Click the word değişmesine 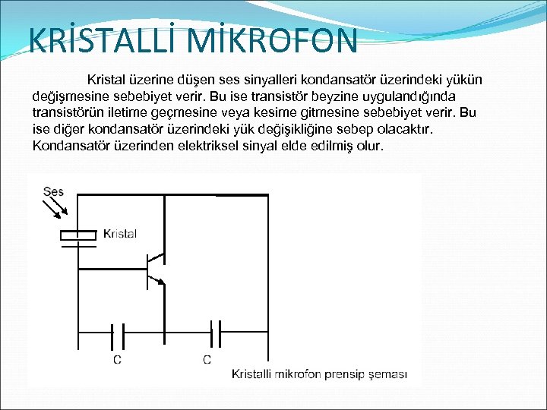[x=74, y=96]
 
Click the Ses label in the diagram [x=54, y=192]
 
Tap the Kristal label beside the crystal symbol [x=119, y=234]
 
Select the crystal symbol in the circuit [x=78, y=238]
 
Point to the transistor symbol [x=156, y=269]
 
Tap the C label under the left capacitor [x=117, y=359]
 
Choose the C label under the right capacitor [x=207, y=359]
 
